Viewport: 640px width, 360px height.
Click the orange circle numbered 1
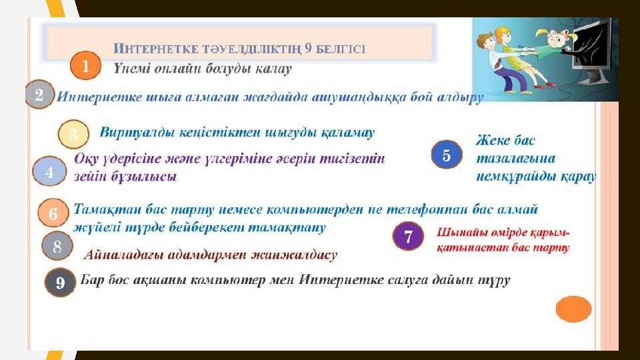[85, 65]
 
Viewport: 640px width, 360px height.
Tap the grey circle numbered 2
[39, 94]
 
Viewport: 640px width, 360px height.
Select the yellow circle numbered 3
[73, 134]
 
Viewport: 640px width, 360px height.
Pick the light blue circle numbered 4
[49, 171]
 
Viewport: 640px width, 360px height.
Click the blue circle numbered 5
[447, 155]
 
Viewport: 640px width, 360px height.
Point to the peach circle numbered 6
[53, 213]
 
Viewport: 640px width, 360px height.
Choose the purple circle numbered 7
[408, 236]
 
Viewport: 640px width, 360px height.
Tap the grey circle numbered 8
[57, 246]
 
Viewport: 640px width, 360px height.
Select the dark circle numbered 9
[61, 283]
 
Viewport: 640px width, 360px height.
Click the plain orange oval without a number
[573, 309]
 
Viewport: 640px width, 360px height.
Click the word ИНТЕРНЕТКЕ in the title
[157, 49]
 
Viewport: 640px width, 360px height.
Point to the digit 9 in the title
[308, 48]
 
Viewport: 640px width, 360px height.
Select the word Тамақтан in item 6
[109, 209]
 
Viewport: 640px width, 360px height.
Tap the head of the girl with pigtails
[556, 39]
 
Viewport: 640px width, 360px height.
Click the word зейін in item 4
[90, 176]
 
